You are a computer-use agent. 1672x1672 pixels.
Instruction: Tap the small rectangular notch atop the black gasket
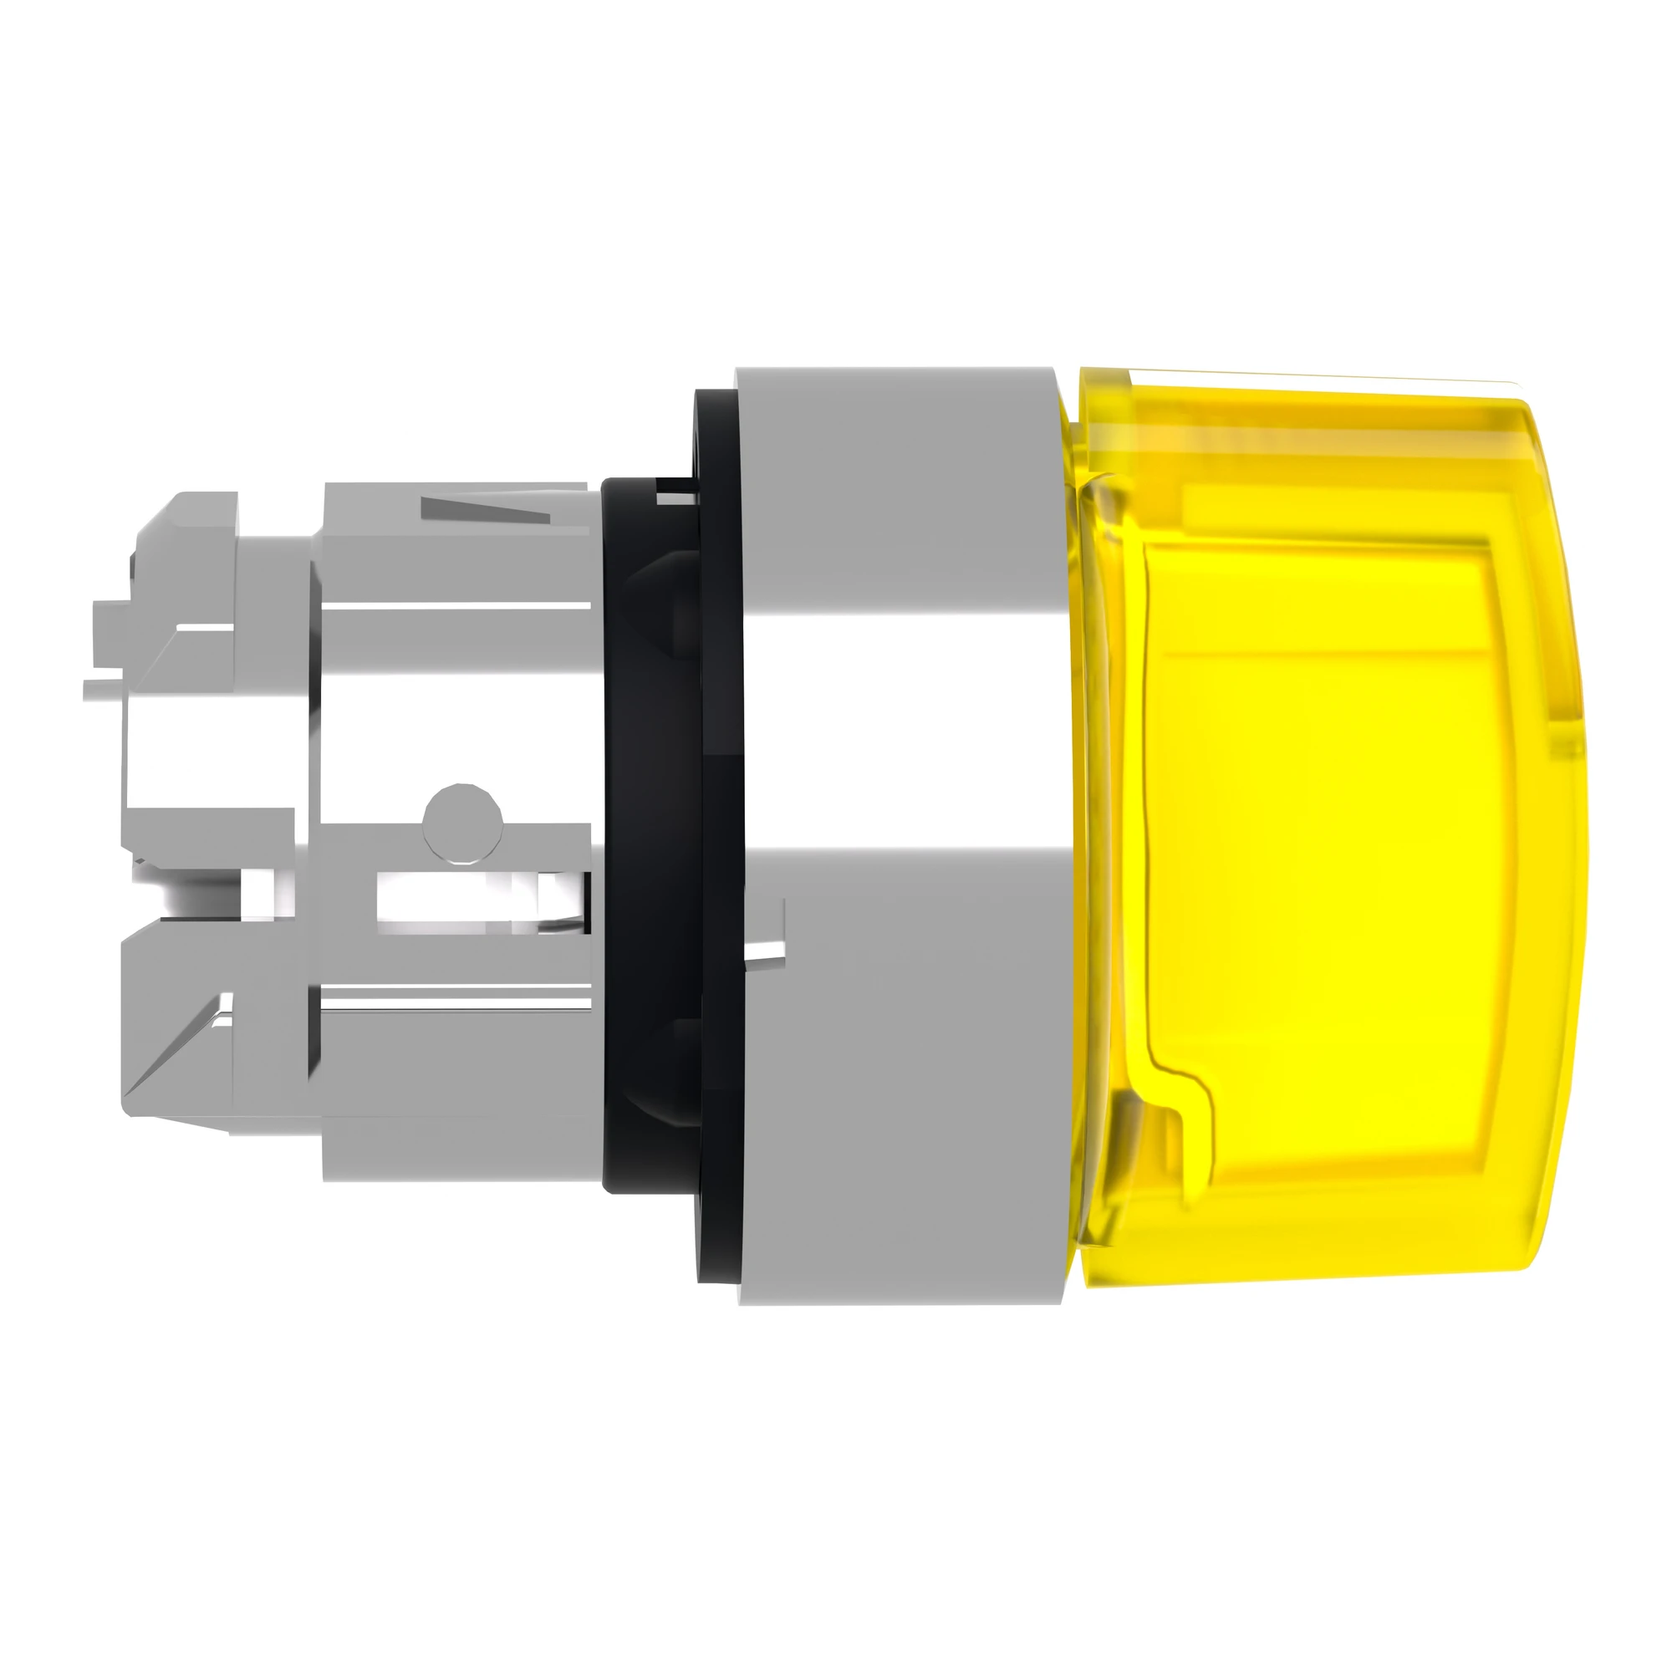[671, 494]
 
